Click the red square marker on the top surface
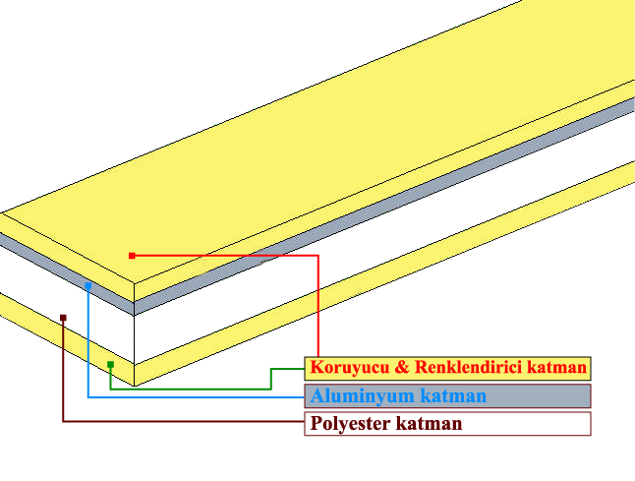(132, 256)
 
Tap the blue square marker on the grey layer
(88, 286)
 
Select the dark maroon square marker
(63, 318)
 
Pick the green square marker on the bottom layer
(110, 365)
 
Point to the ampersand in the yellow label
(402, 367)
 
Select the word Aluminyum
(363, 395)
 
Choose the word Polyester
(351, 424)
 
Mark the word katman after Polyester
(429, 424)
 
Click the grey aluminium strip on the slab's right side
(384, 207)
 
